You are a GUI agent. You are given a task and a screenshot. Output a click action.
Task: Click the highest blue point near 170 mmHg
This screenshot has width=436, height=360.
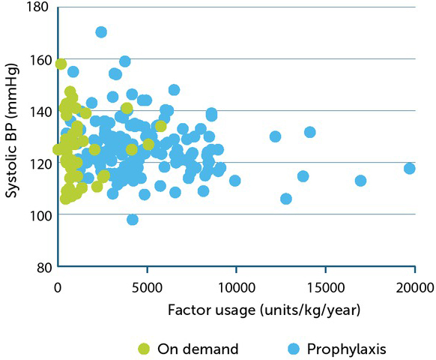(101, 32)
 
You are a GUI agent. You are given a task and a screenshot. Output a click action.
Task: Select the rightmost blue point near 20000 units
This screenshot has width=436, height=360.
(409, 169)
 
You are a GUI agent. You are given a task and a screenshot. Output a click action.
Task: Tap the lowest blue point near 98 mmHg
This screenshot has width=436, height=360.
(133, 220)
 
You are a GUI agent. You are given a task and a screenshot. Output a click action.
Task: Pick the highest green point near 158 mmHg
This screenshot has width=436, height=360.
(61, 64)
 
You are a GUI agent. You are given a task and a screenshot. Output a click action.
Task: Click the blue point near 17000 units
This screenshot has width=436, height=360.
(360, 181)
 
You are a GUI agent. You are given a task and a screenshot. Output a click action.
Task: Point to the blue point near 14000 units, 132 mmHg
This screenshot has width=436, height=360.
(309, 132)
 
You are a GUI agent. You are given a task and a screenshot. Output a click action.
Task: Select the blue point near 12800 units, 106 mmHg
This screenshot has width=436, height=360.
(286, 199)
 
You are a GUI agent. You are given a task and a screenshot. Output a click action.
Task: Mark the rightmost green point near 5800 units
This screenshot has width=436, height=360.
(161, 126)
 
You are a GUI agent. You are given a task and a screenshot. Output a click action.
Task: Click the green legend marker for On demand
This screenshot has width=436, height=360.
(145, 348)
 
